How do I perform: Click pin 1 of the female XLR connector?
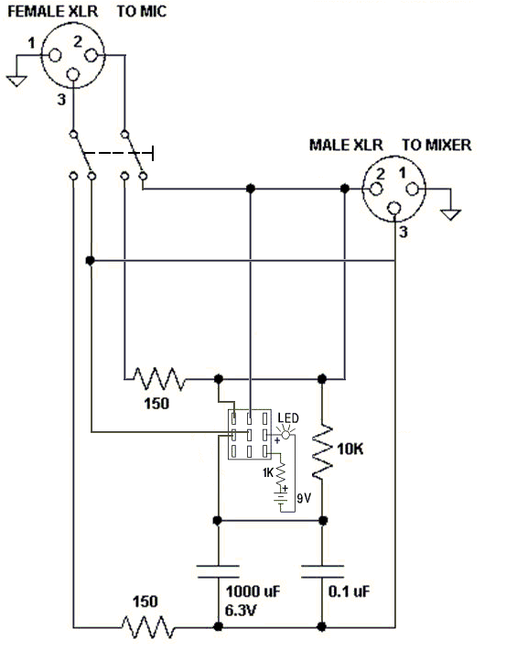pos(55,55)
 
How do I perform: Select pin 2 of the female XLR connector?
pos(92,55)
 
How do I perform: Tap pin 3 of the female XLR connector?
pos(73,75)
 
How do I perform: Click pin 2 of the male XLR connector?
pos(376,189)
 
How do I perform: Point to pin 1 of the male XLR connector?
pos(412,189)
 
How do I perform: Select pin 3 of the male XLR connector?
pos(394,208)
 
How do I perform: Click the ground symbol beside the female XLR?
pos(16,81)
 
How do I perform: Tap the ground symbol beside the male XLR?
pos(450,215)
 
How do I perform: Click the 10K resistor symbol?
pos(322,452)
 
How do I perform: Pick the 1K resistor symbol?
pos(281,472)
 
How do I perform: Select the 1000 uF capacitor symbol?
pos(218,571)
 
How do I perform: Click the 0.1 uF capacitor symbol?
pos(322,571)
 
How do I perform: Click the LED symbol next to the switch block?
pos(285,435)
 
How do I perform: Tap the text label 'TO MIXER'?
pos(436,145)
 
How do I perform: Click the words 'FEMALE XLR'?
pos(53,11)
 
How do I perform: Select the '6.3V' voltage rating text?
pos(241,611)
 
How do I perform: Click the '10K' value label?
pos(350,449)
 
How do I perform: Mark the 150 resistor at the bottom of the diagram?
pos(148,627)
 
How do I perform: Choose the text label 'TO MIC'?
pos(142,11)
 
